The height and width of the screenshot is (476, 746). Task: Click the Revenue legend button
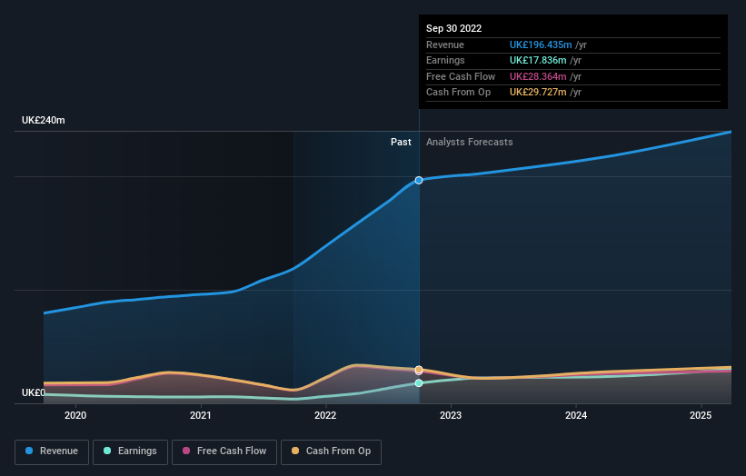click(52, 451)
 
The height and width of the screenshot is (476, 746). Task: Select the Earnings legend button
click(130, 451)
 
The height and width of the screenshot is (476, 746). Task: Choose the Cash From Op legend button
click(332, 451)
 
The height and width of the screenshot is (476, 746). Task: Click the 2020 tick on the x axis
click(75, 416)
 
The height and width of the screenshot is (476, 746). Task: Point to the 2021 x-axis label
click(201, 416)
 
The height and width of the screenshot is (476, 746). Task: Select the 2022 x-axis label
click(325, 416)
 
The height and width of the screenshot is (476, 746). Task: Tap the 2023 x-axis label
click(451, 416)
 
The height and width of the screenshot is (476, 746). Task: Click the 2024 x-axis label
click(575, 416)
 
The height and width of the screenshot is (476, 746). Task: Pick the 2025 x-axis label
click(701, 416)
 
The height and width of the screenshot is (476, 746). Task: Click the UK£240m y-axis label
click(44, 121)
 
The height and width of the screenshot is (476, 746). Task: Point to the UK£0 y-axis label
click(34, 393)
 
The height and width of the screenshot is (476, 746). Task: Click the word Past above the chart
click(401, 143)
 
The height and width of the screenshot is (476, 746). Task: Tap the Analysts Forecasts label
click(469, 143)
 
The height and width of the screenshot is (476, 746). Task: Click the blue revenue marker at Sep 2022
click(419, 180)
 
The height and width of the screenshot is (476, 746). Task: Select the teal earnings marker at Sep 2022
click(419, 383)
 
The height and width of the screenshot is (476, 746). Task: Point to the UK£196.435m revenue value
click(541, 45)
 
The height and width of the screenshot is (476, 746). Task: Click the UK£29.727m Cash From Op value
click(537, 93)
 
